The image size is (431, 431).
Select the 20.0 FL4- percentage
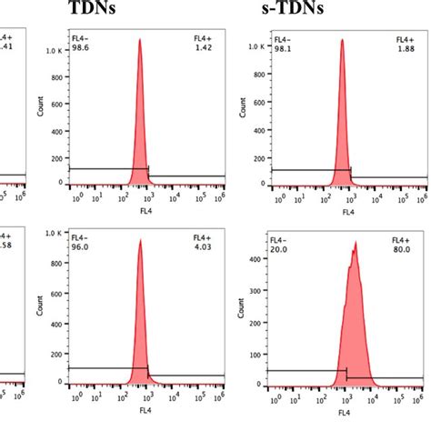pyautogui.click(x=279, y=247)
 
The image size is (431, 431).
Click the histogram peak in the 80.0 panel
pyautogui.click(x=356, y=244)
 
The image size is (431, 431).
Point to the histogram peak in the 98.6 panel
pyautogui.click(x=139, y=41)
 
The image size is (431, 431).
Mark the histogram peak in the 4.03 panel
pyautogui.click(x=140, y=241)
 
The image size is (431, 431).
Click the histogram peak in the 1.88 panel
pyautogui.click(x=342, y=41)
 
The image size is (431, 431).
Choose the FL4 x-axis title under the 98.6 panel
pyautogui.click(x=144, y=211)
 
